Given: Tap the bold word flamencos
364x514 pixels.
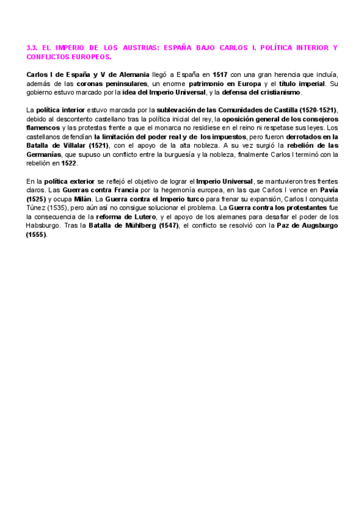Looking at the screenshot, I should [x=44, y=128].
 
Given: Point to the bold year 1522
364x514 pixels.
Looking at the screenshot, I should [x=69, y=164].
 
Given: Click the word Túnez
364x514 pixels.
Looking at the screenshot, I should [x=39, y=208].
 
